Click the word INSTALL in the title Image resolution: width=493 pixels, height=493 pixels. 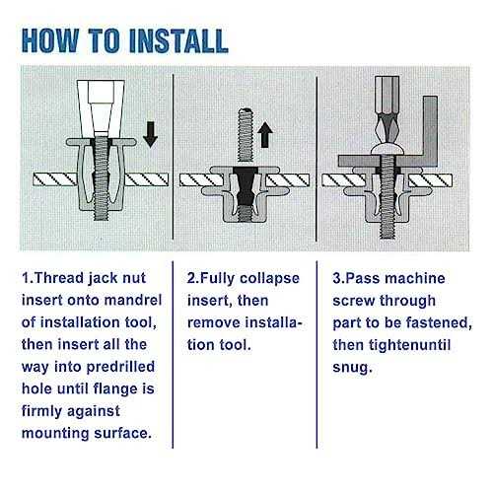(x=179, y=40)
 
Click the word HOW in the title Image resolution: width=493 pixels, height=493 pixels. (x=50, y=40)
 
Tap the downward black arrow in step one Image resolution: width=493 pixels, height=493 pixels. (x=151, y=134)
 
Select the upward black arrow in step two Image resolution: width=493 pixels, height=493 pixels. (x=265, y=134)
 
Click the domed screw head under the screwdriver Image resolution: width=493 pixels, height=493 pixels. (x=387, y=150)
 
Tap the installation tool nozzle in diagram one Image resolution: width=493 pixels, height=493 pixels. (x=101, y=108)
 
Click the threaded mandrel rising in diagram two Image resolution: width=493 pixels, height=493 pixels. (x=246, y=135)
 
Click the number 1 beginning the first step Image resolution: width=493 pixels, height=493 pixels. (x=26, y=278)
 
